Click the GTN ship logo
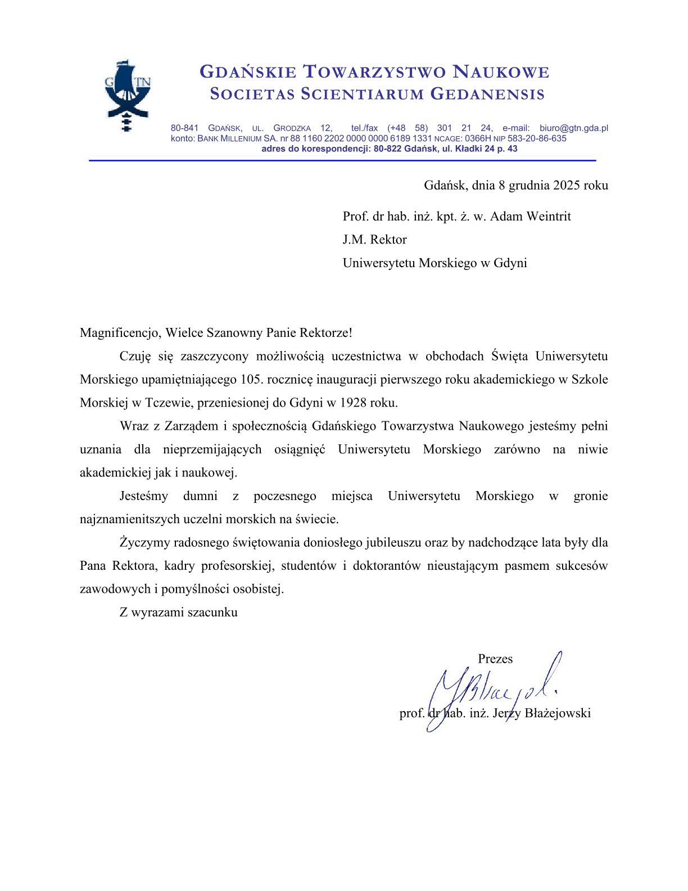tap(128, 94)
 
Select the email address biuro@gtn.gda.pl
tap(573, 128)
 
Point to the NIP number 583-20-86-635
tap(537, 138)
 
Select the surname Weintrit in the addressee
tap(548, 217)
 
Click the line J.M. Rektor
tap(374, 240)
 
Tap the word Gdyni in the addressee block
tap(510, 263)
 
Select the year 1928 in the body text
tap(354, 403)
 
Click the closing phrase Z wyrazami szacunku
tap(178, 612)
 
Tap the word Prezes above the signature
tap(495, 659)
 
